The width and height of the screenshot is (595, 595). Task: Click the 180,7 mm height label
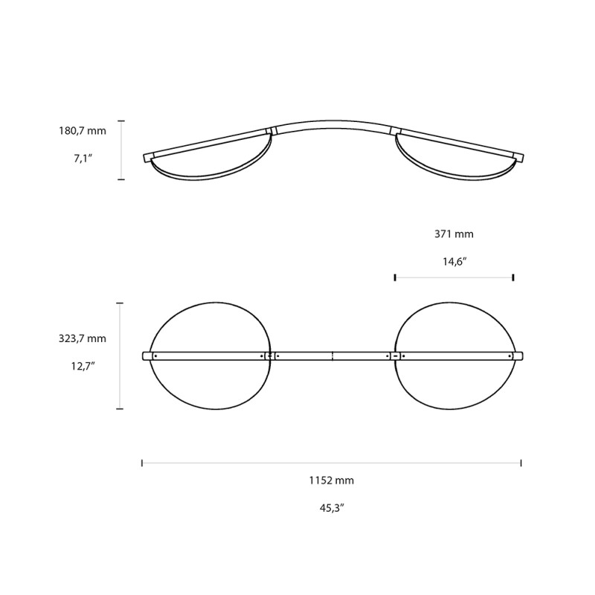point(83,131)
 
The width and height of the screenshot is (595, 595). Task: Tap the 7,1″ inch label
point(83,159)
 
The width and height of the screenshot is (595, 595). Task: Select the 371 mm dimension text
point(454,234)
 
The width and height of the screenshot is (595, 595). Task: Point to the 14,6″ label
point(454,261)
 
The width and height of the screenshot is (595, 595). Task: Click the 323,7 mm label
point(83,338)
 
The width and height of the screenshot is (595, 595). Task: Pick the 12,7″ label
point(83,366)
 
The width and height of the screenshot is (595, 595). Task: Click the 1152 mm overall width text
point(332,480)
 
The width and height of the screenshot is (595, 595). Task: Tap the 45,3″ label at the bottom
point(332,508)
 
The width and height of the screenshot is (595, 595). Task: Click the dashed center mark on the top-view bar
point(332,356)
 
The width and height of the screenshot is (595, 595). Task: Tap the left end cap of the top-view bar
point(147,356)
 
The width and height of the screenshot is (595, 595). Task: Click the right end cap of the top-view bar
point(519,356)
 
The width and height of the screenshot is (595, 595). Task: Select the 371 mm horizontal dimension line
point(454,277)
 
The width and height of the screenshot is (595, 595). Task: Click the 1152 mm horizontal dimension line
point(332,463)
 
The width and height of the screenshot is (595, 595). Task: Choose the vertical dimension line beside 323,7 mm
point(120,356)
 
